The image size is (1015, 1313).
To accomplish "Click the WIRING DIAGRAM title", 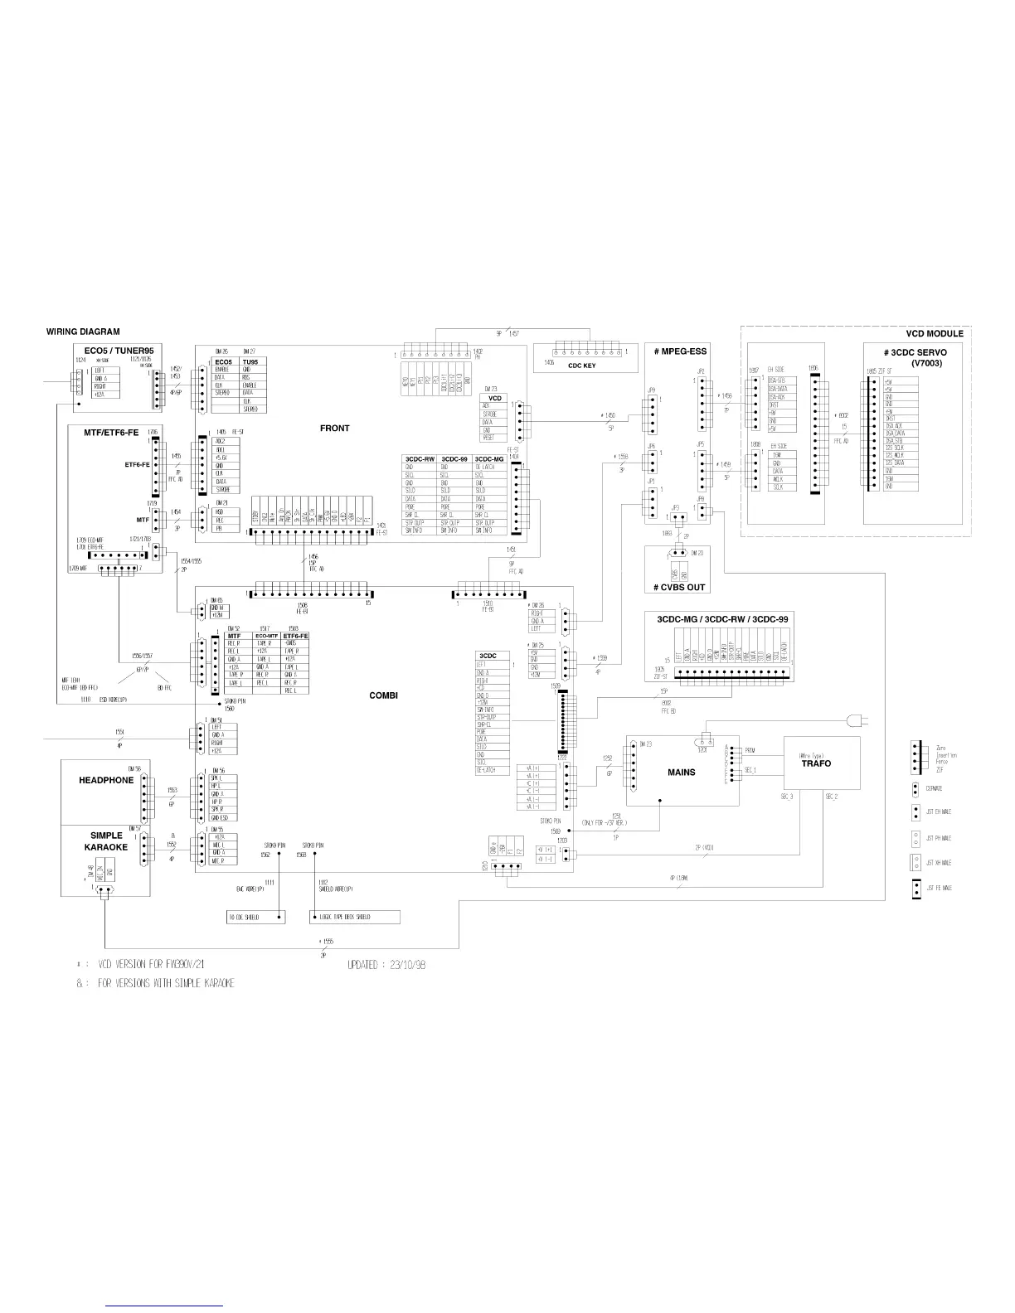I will pos(83,332).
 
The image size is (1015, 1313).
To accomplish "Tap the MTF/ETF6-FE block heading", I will pos(111,433).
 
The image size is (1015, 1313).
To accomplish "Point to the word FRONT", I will pos(334,429).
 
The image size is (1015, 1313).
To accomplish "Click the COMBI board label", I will pos(383,695).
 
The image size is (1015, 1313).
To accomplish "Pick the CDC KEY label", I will pos(581,366).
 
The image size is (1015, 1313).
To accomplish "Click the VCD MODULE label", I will pos(934,333).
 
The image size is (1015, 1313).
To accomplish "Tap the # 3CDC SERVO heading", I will pos(915,352).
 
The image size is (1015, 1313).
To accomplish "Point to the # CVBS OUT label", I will pos(677,587).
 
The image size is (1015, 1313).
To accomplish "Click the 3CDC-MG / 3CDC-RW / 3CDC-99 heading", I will pos(721,619).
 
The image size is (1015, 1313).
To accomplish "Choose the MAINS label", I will pos(681,772).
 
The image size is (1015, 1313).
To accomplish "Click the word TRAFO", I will pos(816,763).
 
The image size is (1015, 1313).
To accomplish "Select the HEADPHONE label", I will pos(106,780).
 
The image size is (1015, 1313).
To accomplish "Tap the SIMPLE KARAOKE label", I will pos(106,841).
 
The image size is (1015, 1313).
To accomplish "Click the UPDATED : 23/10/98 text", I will pos(386,966).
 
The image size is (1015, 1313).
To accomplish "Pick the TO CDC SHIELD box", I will pos(257,917).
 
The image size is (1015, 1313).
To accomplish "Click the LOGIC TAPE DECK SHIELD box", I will pos(355,917).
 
